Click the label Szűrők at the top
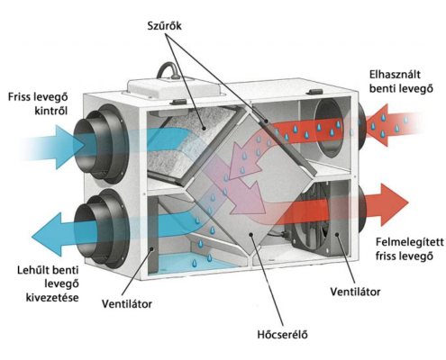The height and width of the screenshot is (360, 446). [x=164, y=25]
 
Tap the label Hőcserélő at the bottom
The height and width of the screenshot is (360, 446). [x=282, y=334]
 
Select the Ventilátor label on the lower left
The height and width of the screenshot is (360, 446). [x=127, y=304]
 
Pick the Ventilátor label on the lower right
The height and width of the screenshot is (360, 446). [x=355, y=292]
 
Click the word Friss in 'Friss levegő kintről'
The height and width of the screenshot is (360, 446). [x=20, y=97]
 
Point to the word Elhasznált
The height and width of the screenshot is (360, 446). [x=395, y=75]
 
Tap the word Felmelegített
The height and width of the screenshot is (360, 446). [x=410, y=242]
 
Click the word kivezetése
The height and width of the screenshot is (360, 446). [x=52, y=298]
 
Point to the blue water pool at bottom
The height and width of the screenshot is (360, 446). [x=192, y=262]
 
